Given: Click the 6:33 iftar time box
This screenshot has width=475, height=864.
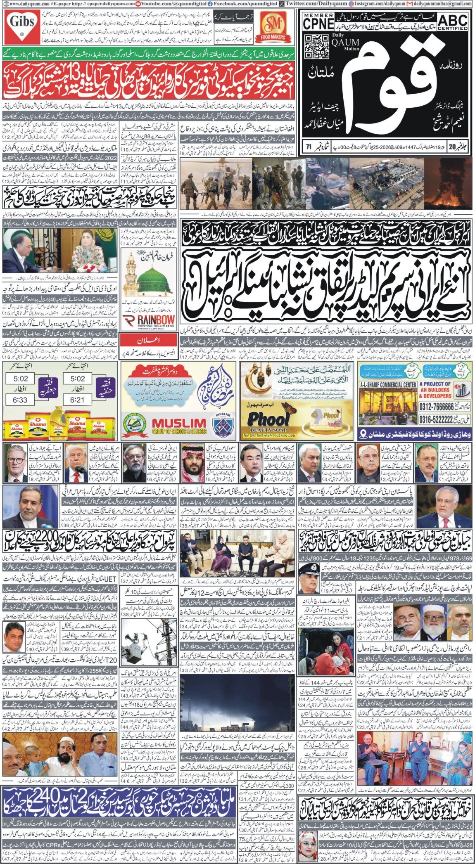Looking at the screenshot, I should (x=20, y=400).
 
